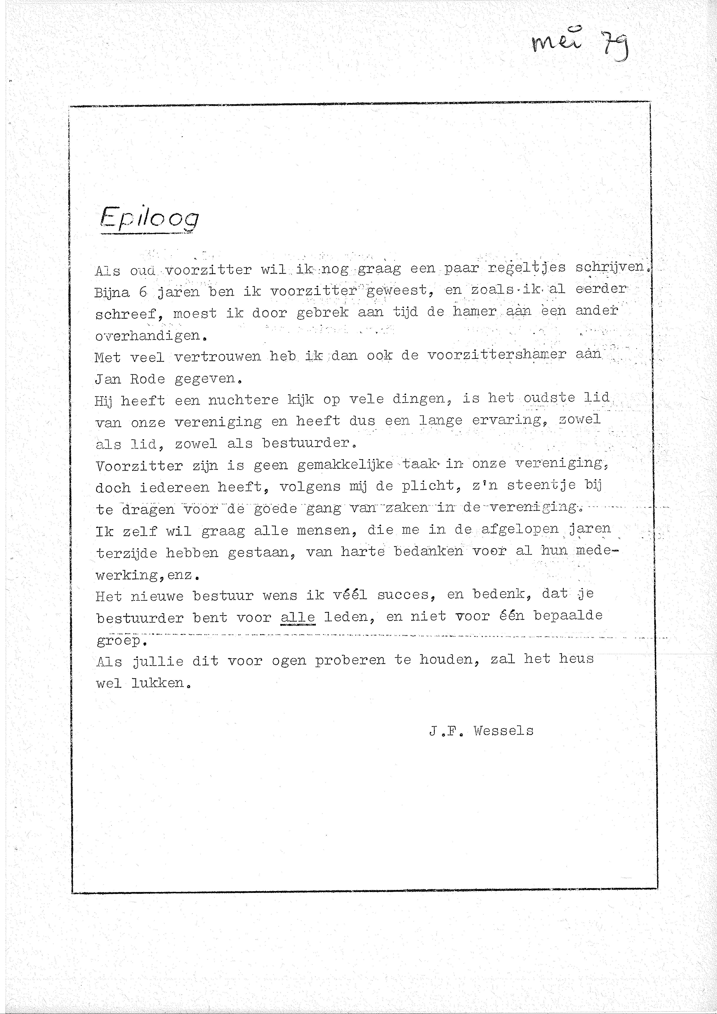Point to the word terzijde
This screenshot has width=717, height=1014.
pos(126,553)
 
